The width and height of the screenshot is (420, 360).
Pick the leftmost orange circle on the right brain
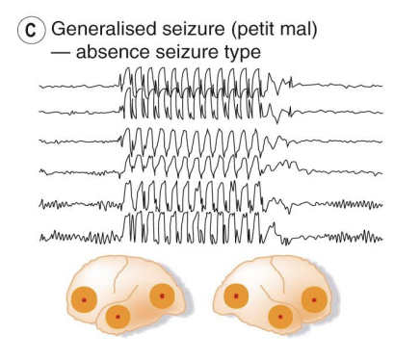(x=232, y=299)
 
